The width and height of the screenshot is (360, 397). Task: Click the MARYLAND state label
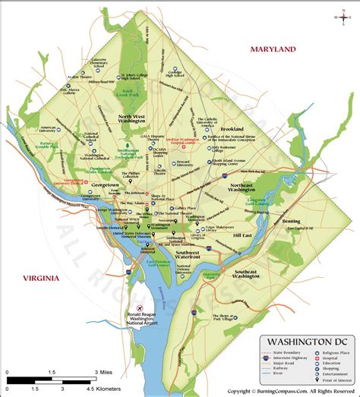point(269,49)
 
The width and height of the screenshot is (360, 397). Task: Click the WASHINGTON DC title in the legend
point(306,342)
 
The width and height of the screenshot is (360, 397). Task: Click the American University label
point(49,130)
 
